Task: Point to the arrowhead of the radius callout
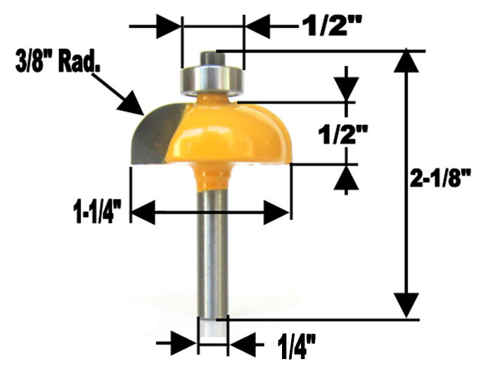point(134,105)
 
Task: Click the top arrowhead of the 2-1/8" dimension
point(405,62)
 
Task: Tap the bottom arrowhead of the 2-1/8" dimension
point(405,306)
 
